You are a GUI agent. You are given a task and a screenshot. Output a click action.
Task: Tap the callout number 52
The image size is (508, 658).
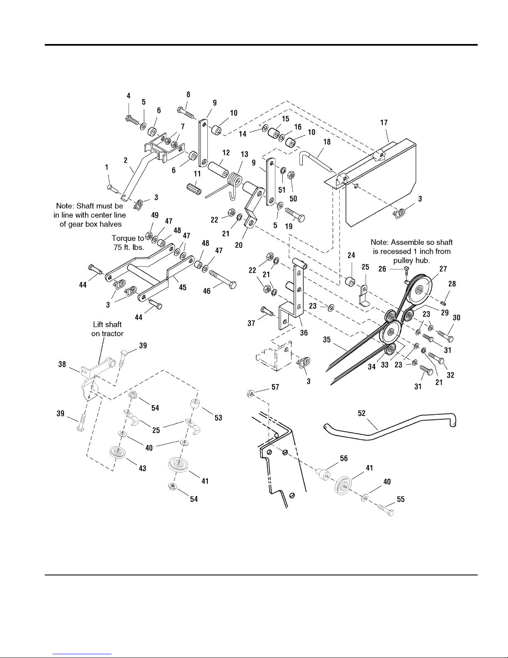click(x=362, y=413)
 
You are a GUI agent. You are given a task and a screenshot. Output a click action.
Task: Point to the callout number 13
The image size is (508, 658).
click(x=244, y=154)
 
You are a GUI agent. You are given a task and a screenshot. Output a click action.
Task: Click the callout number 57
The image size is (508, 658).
click(x=275, y=387)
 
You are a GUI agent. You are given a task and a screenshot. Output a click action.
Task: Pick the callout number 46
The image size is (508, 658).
click(x=207, y=291)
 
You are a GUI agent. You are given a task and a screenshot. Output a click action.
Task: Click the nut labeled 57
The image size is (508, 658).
click(x=250, y=392)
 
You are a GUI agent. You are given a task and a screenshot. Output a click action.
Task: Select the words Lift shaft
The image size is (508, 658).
click(x=107, y=325)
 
